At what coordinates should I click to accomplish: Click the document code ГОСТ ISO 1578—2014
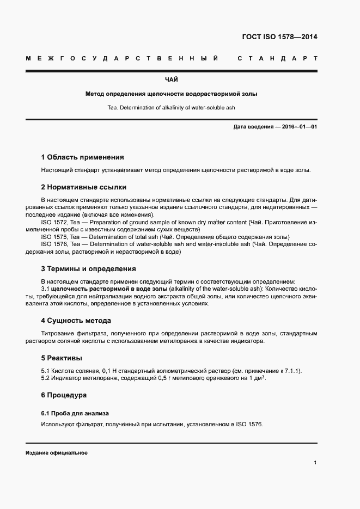click(x=279, y=38)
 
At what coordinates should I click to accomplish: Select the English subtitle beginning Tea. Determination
click(x=172, y=107)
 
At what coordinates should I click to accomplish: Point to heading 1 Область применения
click(x=82, y=157)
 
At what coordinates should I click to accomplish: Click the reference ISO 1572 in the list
click(x=54, y=222)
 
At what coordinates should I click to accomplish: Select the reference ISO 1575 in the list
click(x=54, y=237)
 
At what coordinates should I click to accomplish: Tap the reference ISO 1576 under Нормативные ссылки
click(x=54, y=244)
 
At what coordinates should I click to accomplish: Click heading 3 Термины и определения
click(x=88, y=269)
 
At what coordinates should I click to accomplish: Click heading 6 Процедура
click(x=64, y=395)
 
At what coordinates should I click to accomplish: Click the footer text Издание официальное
click(x=57, y=453)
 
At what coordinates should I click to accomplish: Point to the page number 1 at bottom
click(x=315, y=463)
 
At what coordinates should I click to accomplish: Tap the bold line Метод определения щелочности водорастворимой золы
click(x=172, y=94)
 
